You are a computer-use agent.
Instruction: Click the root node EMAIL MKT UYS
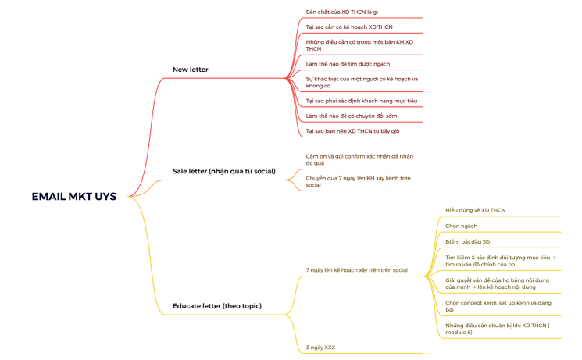73,197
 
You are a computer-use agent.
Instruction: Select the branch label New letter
190,70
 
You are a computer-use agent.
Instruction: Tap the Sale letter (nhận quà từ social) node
223,170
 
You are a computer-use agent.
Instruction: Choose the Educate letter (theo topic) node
216,305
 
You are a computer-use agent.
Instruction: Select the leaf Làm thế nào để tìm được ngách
348,63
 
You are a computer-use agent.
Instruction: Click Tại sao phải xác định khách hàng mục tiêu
361,101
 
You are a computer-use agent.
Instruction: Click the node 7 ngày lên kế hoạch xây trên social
356,270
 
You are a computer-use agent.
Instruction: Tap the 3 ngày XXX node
321,346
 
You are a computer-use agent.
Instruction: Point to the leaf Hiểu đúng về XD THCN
476,210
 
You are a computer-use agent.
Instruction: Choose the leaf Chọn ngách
461,226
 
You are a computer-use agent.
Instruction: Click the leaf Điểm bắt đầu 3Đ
467,241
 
